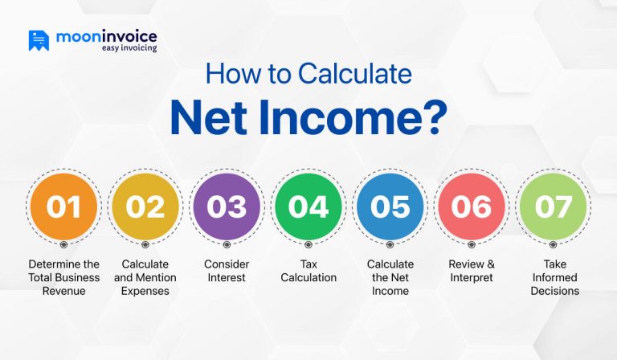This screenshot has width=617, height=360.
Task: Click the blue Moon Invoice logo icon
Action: tap(39, 40)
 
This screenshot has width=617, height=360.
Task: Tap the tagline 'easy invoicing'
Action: tap(129, 48)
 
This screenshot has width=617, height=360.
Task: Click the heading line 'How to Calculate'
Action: tap(308, 75)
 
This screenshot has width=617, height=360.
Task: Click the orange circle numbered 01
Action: tap(64, 207)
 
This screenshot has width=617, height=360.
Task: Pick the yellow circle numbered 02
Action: tap(145, 207)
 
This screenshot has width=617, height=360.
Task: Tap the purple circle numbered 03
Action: tap(227, 207)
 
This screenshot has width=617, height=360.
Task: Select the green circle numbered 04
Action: tap(308, 207)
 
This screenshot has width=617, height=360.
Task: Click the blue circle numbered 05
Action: tap(390, 207)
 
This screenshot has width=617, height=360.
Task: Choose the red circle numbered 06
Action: tap(472, 207)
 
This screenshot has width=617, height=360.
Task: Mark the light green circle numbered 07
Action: tap(553, 207)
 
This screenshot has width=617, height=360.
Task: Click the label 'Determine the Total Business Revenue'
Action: tap(64, 277)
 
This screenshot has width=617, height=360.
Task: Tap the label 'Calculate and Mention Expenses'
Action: tap(145, 277)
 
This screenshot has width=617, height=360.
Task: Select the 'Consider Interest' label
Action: tap(227, 271)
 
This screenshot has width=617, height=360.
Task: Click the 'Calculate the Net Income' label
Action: tap(390, 277)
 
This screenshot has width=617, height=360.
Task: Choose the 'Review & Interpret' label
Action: tap(472, 271)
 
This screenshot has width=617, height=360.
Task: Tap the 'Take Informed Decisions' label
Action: tap(554, 277)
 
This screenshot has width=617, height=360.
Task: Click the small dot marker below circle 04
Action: tap(308, 244)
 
